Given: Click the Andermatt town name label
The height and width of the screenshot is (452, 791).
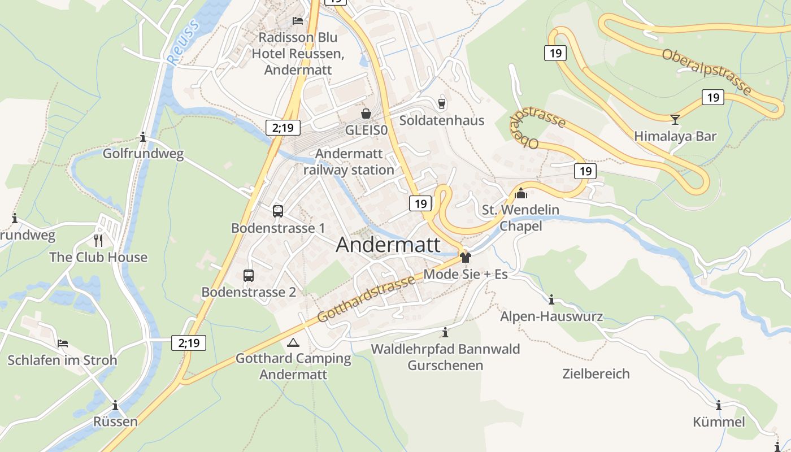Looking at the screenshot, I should (388, 245).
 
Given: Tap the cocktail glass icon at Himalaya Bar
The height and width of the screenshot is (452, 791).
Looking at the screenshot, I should (675, 119).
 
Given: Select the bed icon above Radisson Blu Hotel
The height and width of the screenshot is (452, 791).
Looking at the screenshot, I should (297, 21).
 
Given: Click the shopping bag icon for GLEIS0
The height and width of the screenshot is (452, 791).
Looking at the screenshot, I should (366, 114).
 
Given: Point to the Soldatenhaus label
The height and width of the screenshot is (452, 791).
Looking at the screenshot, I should (442, 120).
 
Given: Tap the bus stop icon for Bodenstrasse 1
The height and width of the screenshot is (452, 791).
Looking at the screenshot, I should (277, 211).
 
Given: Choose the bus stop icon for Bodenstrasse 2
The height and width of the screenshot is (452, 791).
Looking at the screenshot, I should (248, 276).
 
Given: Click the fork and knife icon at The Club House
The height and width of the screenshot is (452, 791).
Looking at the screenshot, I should (98, 240).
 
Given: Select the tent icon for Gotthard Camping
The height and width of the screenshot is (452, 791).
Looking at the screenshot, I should (293, 342).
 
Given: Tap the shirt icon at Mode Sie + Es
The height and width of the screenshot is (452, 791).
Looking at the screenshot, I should (465, 258).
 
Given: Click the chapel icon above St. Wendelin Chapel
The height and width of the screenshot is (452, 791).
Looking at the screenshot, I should (520, 194).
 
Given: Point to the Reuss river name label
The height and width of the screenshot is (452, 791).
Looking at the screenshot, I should (184, 42).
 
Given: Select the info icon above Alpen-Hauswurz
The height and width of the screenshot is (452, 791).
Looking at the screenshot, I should (551, 299).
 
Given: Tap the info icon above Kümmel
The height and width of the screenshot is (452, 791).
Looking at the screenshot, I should (719, 405).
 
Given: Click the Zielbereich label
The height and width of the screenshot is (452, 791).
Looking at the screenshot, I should (596, 373).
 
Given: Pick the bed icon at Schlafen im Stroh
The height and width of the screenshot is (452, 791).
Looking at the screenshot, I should (63, 344).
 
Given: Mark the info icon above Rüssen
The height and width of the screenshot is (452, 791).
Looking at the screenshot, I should (115, 405).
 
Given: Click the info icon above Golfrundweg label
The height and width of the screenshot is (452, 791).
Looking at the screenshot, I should (143, 137).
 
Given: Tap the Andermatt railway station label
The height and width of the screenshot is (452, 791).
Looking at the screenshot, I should (349, 162).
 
